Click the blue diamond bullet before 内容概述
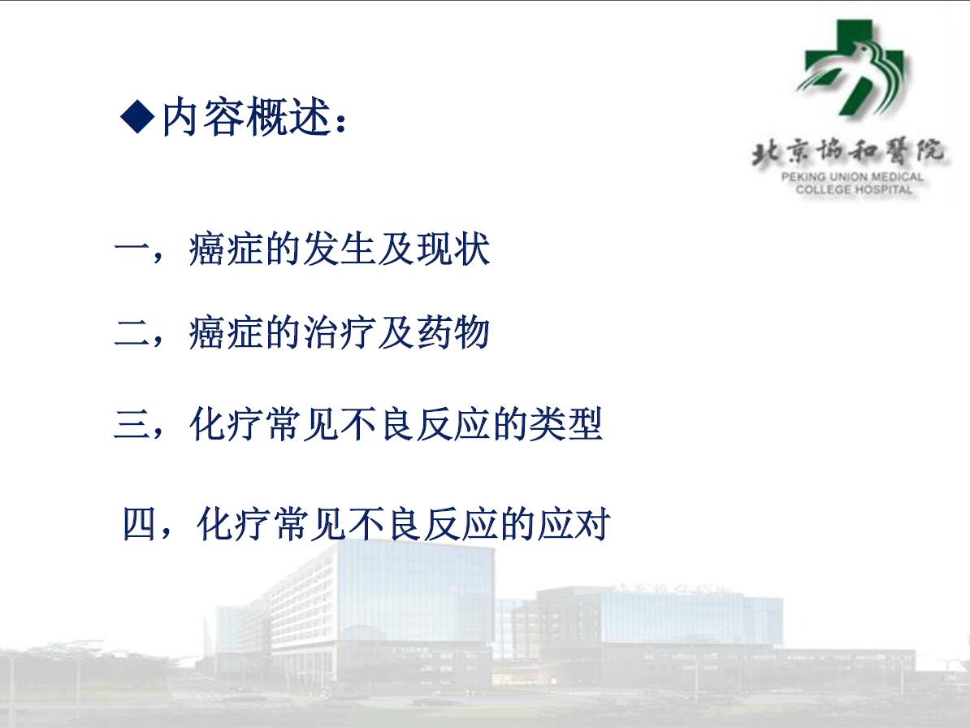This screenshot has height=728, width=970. click(x=137, y=115)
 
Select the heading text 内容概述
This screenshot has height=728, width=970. click(x=246, y=116)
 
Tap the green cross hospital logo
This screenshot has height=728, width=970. click(x=853, y=67)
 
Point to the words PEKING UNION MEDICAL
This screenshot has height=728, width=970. click(x=852, y=177)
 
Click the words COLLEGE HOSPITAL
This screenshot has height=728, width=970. click(x=854, y=189)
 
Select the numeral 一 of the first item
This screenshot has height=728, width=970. click(x=132, y=249)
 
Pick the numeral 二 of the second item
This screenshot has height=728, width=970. click(x=132, y=333)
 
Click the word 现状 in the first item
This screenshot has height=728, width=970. click(x=453, y=249)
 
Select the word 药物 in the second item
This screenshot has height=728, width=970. click(x=453, y=332)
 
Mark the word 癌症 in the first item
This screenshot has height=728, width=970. click(x=227, y=249)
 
